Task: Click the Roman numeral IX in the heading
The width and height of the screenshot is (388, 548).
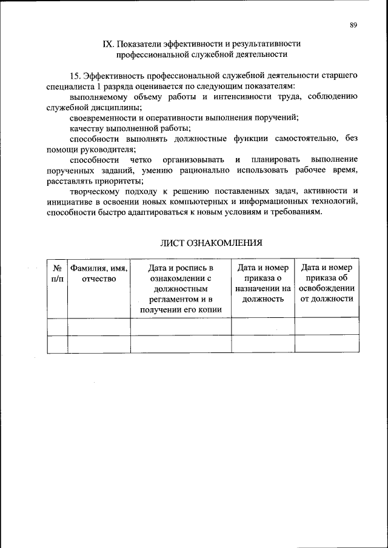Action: click(x=108, y=44)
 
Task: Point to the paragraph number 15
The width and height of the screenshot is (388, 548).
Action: click(x=76, y=75)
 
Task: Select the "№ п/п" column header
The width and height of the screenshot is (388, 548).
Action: click(x=56, y=272)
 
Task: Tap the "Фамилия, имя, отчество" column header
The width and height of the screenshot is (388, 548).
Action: click(x=98, y=272)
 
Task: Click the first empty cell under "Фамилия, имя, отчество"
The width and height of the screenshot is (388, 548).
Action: click(x=98, y=326)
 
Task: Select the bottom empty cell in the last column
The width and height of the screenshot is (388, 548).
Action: click(x=327, y=343)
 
